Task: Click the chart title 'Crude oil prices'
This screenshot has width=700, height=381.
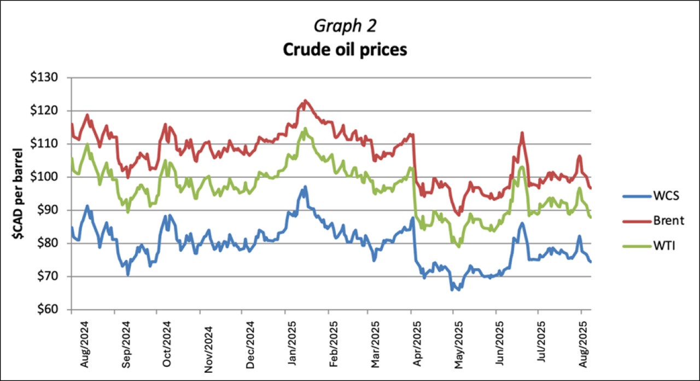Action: click(x=345, y=49)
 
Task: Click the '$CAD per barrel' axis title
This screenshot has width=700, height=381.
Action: click(x=17, y=193)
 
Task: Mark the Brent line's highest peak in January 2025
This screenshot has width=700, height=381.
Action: click(x=305, y=100)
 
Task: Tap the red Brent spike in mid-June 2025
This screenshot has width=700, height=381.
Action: click(x=522, y=132)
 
